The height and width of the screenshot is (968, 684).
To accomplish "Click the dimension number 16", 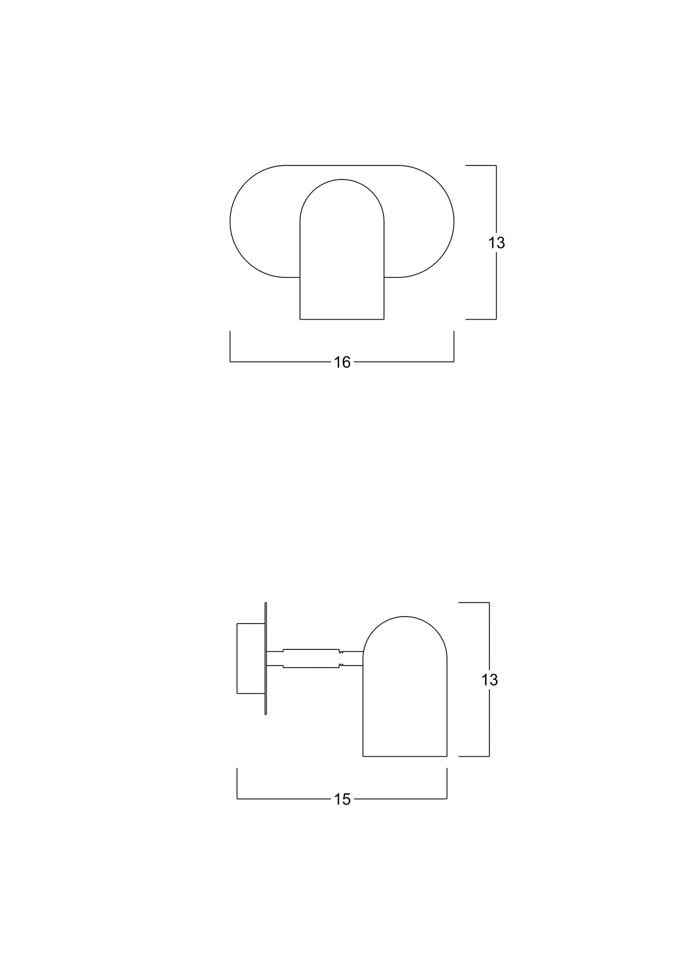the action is [342, 362].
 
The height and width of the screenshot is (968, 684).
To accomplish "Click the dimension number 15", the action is [342, 799].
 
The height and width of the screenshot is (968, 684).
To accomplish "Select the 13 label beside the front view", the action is [496, 243].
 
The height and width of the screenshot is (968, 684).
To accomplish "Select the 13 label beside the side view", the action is [489, 680].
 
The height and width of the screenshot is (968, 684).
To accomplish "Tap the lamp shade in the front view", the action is [342, 250].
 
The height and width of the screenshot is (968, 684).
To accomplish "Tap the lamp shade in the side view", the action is [405, 686].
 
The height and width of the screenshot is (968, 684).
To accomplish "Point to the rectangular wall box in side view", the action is [251, 658].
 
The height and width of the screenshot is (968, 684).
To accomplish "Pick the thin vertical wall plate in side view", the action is [266, 658].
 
